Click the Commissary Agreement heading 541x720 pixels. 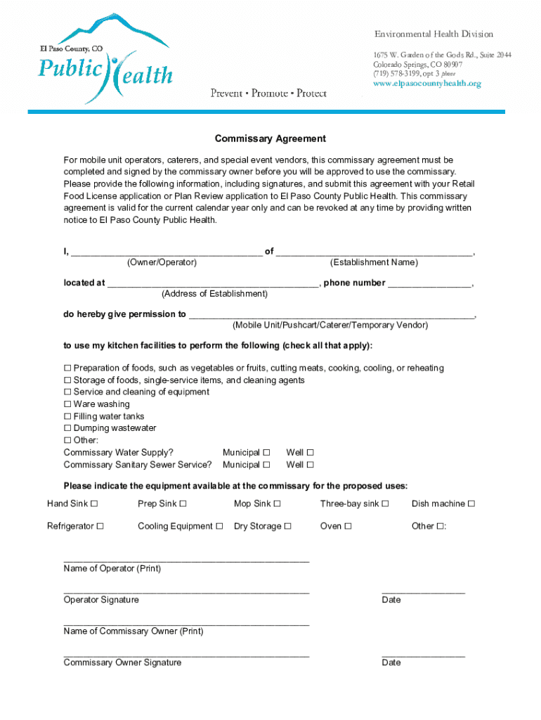[x=270, y=139]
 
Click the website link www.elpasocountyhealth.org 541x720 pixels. [x=426, y=84]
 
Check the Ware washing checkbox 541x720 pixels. [x=67, y=404]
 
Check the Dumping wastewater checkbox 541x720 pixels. [x=67, y=428]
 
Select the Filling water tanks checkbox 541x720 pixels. [x=67, y=416]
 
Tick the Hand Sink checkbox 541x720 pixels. [x=94, y=503]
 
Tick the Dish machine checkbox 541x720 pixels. [x=471, y=503]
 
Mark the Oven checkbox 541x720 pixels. [x=348, y=526]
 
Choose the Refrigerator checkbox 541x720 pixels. [x=100, y=526]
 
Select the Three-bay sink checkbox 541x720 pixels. [x=385, y=503]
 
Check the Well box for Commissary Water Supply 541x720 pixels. [x=310, y=453]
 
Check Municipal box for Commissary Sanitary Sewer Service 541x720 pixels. [x=266, y=465]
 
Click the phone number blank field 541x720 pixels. [x=429, y=284]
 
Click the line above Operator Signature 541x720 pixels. [x=186, y=592]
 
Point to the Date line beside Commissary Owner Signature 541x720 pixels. [x=423, y=655]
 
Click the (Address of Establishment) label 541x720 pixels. [x=214, y=294]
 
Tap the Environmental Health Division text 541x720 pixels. [x=434, y=34]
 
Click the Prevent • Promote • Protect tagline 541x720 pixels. [x=268, y=94]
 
